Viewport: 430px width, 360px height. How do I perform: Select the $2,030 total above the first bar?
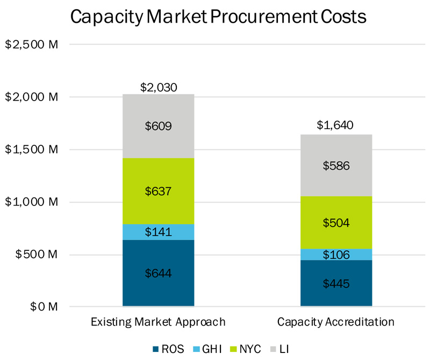click(158, 87)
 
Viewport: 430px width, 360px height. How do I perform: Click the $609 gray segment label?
click(158, 126)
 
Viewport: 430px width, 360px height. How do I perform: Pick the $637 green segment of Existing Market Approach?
click(158, 191)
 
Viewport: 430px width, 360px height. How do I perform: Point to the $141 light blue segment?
click(158, 232)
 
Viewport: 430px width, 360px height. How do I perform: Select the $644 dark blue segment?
click(158, 273)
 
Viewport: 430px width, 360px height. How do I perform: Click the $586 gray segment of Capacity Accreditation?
click(336, 166)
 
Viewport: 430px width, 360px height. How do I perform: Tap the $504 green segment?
click(336, 223)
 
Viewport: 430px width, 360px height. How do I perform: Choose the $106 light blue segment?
click(336, 255)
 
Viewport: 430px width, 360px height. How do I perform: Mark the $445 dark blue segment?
click(336, 283)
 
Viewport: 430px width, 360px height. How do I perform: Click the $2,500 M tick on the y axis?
click(31, 45)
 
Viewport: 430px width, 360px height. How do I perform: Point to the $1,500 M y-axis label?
click(31, 150)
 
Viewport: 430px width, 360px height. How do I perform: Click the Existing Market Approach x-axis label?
click(158, 322)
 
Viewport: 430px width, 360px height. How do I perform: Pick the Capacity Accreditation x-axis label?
click(336, 322)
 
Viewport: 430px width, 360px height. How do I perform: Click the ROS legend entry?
click(169, 349)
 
